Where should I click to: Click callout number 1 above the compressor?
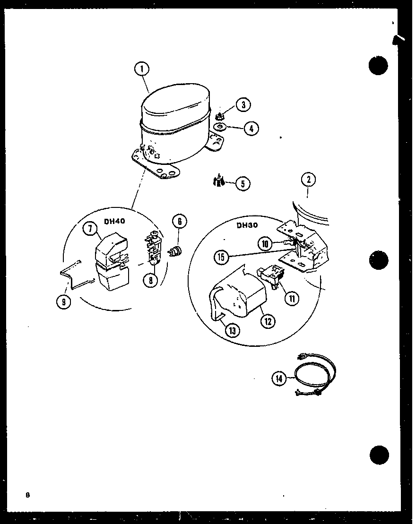pyautogui.click(x=141, y=69)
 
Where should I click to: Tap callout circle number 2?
pyautogui.click(x=308, y=180)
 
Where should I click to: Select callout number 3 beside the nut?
pyautogui.click(x=243, y=105)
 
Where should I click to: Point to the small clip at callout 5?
pyautogui.click(x=218, y=181)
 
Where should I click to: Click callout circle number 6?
pyautogui.click(x=179, y=221)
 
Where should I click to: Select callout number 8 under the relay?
pyautogui.click(x=150, y=280)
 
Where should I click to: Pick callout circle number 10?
pyautogui.click(x=265, y=244)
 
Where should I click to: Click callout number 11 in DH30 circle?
pyautogui.click(x=292, y=299)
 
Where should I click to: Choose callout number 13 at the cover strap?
pyautogui.click(x=233, y=330)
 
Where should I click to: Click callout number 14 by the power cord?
pyautogui.click(x=279, y=378)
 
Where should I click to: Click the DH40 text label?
pyautogui.click(x=115, y=221)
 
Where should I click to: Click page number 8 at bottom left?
pyautogui.click(x=28, y=495)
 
